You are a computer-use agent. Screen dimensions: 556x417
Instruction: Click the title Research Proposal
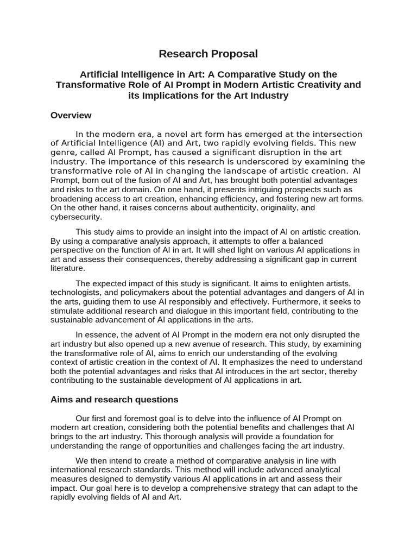click(x=208, y=54)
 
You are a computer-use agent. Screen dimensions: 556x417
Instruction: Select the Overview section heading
click(x=71, y=115)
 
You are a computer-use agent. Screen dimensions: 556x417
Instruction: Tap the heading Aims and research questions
click(x=114, y=399)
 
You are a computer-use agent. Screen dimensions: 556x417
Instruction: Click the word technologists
click(x=76, y=293)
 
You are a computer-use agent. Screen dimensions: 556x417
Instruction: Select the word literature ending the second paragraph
click(x=68, y=268)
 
